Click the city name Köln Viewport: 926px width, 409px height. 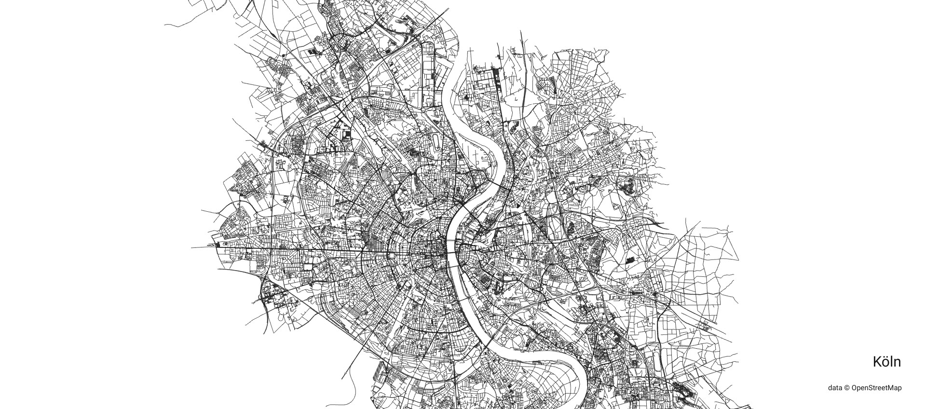tap(886, 362)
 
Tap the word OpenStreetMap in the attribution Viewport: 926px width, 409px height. tap(876, 388)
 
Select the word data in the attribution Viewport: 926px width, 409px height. tap(835, 388)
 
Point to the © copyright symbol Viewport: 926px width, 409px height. tap(846, 388)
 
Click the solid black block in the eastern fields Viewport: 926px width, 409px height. tap(630, 260)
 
